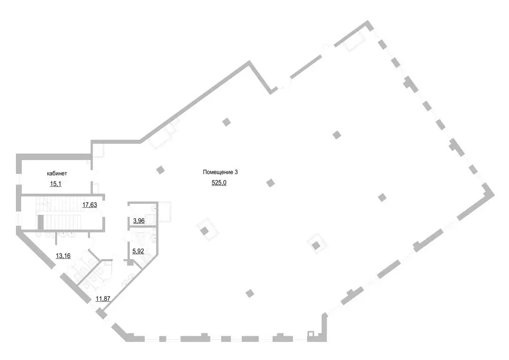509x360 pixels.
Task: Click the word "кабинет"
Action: (57, 174)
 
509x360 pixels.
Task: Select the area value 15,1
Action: (56, 184)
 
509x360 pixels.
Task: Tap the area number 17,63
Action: (89, 205)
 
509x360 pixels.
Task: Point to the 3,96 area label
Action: (139, 221)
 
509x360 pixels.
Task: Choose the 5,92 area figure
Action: (138, 251)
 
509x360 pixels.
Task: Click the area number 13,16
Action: (63, 256)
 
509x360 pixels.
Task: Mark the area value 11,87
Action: (103, 299)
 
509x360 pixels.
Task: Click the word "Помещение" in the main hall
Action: (218, 172)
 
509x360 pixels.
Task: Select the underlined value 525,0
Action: (219, 183)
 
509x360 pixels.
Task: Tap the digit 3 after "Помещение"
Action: (236, 172)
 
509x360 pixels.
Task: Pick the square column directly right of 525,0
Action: (271, 183)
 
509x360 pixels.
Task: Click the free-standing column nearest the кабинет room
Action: (161, 170)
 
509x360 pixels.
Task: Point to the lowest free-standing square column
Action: (250, 293)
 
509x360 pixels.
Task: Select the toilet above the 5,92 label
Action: (141, 238)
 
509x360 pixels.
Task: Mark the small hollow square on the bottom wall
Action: (310, 333)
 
